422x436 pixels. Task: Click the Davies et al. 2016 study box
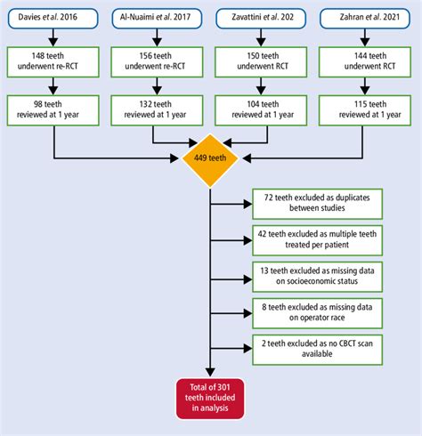pos(55,18)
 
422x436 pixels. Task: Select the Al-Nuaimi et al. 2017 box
pos(157,18)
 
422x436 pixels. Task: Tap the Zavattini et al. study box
pos(260,18)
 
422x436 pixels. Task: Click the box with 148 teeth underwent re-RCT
pos(55,61)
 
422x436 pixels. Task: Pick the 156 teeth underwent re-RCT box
pos(157,61)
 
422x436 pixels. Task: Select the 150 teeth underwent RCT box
pos(260,61)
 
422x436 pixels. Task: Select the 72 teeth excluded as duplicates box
pos(307,202)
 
